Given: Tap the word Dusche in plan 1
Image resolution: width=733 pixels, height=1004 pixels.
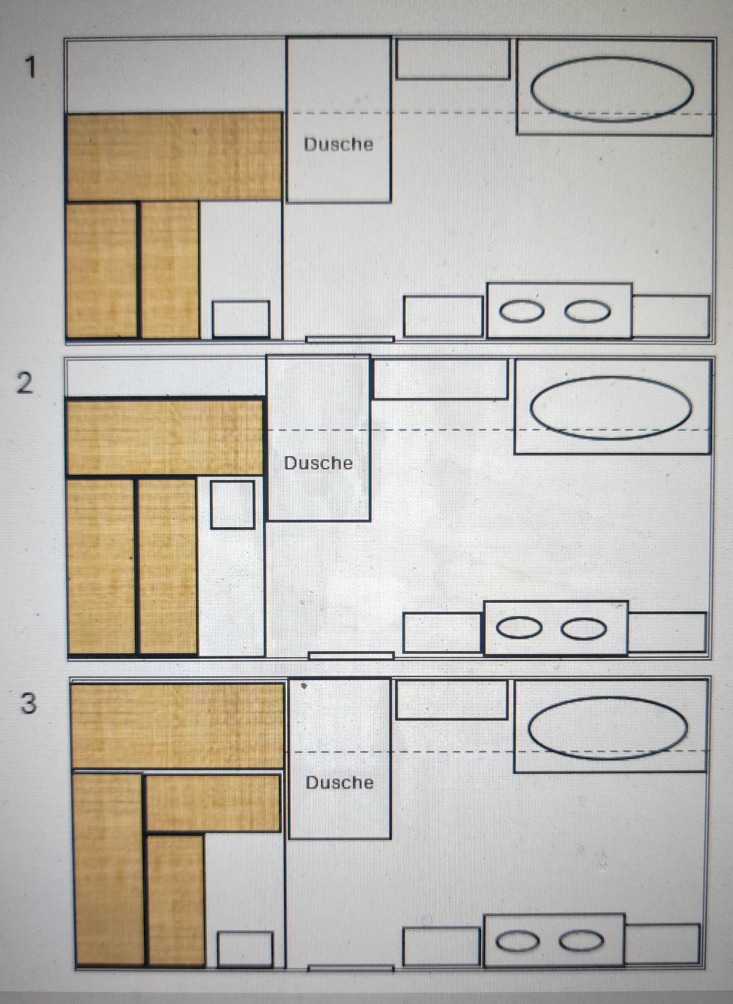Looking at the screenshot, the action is [x=339, y=144].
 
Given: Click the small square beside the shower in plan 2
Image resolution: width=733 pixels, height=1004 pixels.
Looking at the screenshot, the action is [x=232, y=505].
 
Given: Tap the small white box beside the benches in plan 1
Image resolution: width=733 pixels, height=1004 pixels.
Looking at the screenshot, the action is [x=241, y=320].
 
